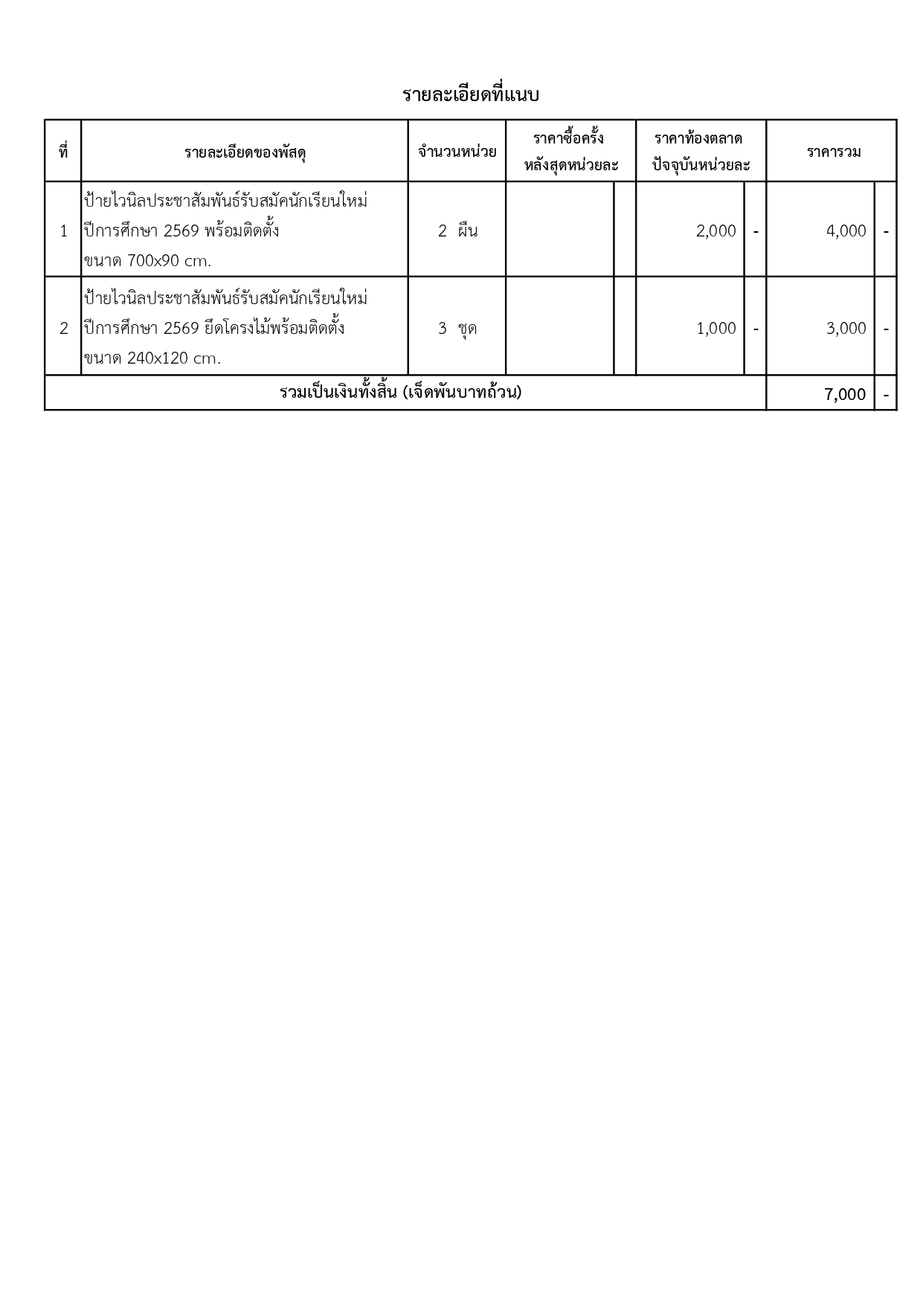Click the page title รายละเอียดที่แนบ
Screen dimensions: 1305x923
[x=470, y=95]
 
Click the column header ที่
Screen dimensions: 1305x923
[x=63, y=152]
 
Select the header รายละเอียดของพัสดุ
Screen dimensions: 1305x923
[x=245, y=152]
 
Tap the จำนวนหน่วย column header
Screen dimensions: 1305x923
[x=457, y=152]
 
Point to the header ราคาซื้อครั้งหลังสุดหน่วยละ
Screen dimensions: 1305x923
[x=570, y=152]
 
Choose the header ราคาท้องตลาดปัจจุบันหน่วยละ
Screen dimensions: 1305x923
[x=701, y=152]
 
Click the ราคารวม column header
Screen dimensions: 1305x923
[x=834, y=152]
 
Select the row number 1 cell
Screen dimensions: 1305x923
[x=64, y=231]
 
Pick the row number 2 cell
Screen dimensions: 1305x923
[x=64, y=328]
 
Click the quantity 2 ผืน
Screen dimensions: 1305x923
[x=457, y=231]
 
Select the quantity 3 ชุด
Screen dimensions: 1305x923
[x=457, y=328]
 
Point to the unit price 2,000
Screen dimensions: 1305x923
[x=715, y=231]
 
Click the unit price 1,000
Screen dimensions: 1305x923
[x=715, y=329]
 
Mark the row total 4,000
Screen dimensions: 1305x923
[x=846, y=231]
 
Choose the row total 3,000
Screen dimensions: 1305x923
[x=846, y=329]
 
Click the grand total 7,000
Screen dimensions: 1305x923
[x=845, y=394]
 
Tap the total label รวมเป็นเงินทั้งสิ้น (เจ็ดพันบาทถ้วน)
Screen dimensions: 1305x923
[x=400, y=392]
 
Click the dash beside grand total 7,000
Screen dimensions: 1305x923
[x=886, y=394]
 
